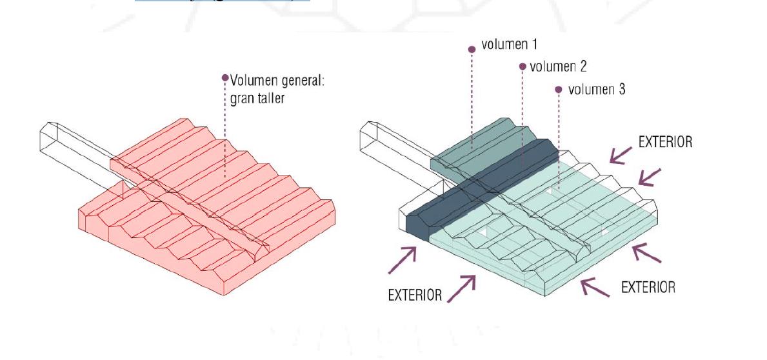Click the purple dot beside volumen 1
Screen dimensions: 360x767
[472, 47]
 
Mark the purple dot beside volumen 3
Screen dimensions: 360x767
[559, 89]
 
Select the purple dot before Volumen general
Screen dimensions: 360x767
[225, 78]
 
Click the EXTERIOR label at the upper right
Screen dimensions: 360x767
[665, 142]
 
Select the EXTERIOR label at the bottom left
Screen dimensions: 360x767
[415, 295]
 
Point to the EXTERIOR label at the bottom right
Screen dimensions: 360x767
[648, 287]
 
